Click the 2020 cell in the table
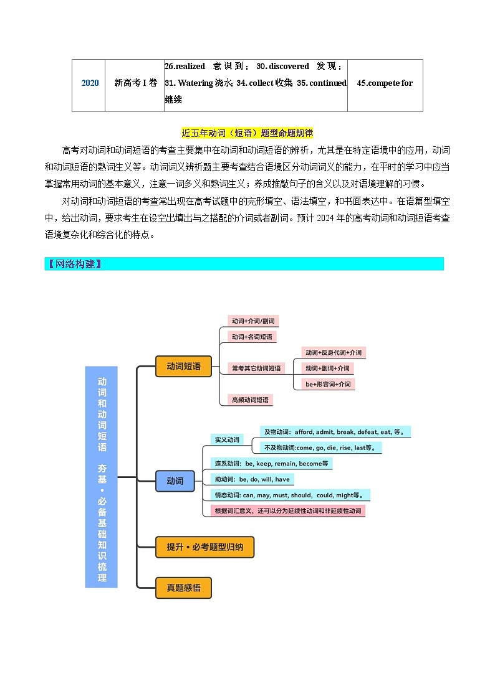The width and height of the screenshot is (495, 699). click(x=90, y=83)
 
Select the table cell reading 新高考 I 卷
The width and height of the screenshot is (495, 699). click(x=135, y=83)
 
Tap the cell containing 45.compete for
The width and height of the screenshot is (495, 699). click(x=385, y=83)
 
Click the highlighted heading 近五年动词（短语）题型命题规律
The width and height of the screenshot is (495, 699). click(x=247, y=133)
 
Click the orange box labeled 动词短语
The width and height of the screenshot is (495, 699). click(x=183, y=367)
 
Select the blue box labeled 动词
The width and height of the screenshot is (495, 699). click(x=175, y=481)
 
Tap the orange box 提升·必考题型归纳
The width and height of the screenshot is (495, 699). click(x=204, y=548)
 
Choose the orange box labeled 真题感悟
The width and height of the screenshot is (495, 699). click(x=183, y=588)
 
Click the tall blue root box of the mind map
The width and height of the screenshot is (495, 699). click(x=102, y=477)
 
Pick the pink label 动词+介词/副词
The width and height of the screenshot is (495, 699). click(x=252, y=321)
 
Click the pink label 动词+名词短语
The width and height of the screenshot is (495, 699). click(x=251, y=337)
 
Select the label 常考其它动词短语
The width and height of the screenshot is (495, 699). click(x=256, y=368)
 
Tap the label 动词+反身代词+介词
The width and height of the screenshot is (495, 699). click(x=333, y=352)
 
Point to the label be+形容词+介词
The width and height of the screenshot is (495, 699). click(x=328, y=384)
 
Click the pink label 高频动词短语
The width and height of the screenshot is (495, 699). click(x=250, y=400)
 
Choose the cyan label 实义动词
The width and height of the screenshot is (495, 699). click(x=227, y=439)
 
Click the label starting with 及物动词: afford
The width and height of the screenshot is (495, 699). click(x=335, y=432)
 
